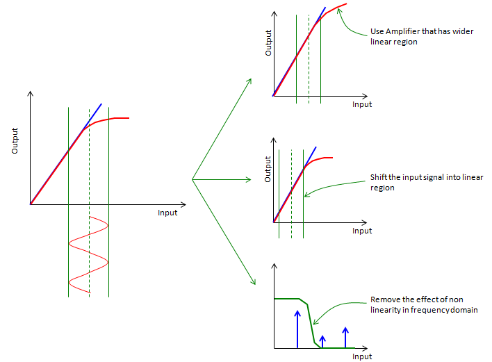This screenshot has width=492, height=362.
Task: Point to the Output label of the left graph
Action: coord(15,141)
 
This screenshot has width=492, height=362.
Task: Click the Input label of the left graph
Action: coord(167,213)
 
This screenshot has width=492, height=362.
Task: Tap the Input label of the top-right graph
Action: coord(362,104)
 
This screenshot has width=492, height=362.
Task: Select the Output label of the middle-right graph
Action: coord(268,169)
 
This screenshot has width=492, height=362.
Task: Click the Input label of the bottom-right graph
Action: coord(362,356)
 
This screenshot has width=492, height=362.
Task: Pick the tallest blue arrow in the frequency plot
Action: coord(297,329)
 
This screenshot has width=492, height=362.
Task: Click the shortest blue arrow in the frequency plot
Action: coord(322,342)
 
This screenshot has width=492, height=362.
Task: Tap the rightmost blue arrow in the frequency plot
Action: coord(345,338)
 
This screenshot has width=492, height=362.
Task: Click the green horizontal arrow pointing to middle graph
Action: coord(222,179)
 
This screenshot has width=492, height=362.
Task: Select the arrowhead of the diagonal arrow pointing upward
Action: coord(249,81)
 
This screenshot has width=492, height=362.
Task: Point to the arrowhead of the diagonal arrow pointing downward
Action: coord(254,281)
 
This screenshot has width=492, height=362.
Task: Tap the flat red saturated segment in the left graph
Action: coord(122,118)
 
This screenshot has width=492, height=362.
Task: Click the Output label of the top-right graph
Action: coord(268,43)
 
